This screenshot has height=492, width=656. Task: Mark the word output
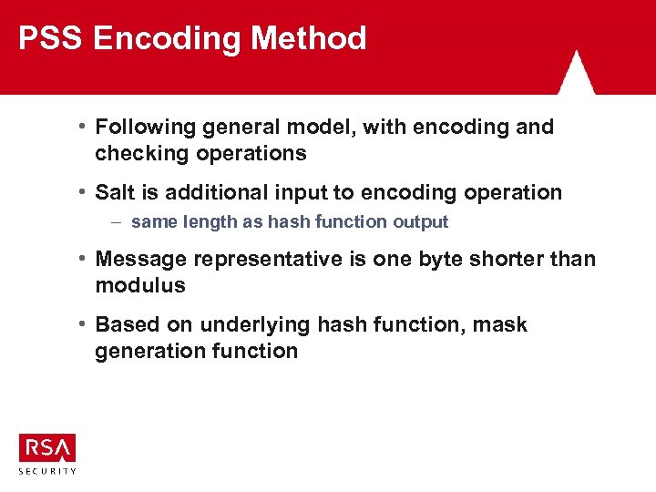[x=421, y=221]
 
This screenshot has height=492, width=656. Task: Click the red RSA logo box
[x=47, y=447]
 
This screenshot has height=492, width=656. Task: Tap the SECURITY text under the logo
[x=47, y=470]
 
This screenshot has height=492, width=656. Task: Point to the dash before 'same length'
[x=118, y=221]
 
